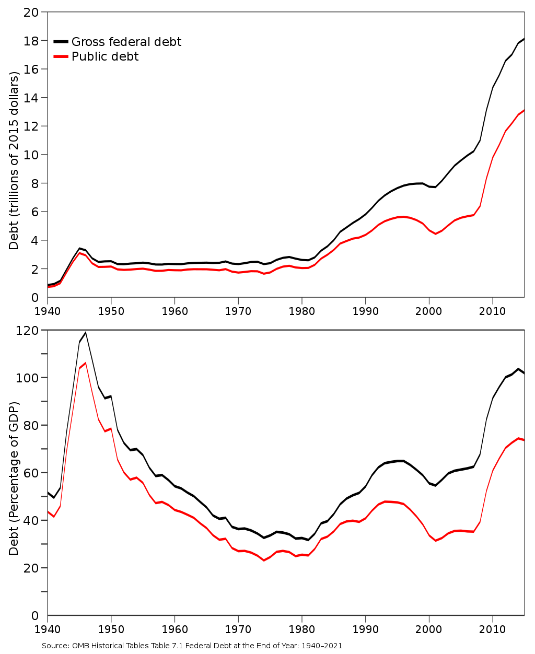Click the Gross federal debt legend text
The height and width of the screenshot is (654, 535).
(x=126, y=42)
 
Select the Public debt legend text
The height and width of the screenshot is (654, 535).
(x=105, y=56)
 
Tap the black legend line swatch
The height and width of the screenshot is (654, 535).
(x=61, y=42)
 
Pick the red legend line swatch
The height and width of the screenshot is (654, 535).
(x=61, y=56)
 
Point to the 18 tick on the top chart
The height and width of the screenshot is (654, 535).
(x=31, y=41)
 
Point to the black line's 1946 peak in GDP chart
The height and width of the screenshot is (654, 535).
(x=85, y=333)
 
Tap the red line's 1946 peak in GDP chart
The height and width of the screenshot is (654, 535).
(x=85, y=363)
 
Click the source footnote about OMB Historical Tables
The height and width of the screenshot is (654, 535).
(x=192, y=646)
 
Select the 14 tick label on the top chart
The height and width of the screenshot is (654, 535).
(x=31, y=98)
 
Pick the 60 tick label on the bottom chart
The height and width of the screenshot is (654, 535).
(x=31, y=473)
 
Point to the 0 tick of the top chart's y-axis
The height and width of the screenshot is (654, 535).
(x=35, y=298)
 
